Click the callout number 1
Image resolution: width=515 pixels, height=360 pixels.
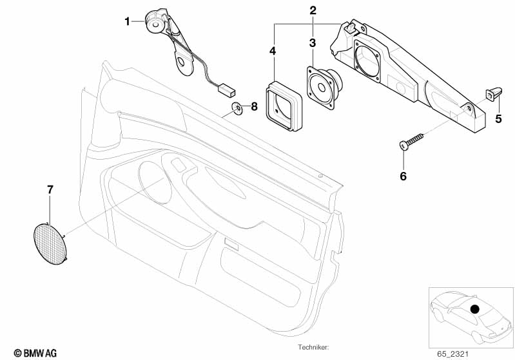(128, 21)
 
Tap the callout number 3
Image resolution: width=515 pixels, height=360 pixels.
(313, 43)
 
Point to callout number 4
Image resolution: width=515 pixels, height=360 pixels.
(273, 50)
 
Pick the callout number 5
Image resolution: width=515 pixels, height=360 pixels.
(498, 118)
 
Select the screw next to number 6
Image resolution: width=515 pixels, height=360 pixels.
(412, 140)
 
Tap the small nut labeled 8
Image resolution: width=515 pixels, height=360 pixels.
(237, 108)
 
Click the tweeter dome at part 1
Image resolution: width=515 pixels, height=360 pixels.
(154, 21)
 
